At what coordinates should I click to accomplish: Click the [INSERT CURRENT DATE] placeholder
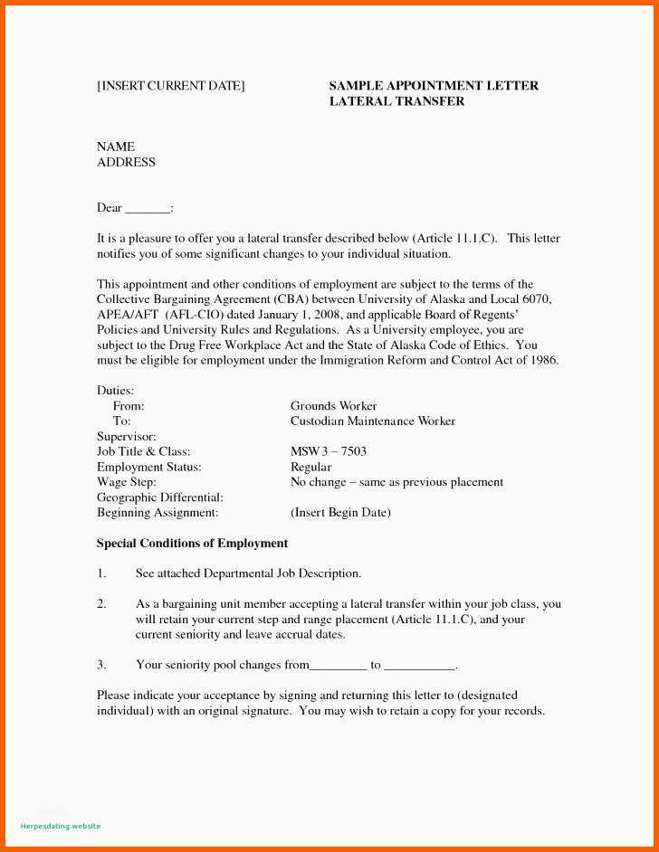point(170,86)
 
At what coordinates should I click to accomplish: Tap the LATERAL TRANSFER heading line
point(396,101)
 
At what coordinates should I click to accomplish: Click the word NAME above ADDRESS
point(116,147)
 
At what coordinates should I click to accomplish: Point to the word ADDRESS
point(126,163)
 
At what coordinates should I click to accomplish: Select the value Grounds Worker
point(333,406)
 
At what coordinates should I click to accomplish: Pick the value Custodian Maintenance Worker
point(372,421)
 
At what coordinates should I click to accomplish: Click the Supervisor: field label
point(127,437)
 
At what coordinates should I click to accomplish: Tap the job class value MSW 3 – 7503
point(328,451)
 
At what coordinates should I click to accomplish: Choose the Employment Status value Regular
point(310,467)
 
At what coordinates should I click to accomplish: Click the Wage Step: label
point(127,482)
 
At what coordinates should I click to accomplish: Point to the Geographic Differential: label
point(159,497)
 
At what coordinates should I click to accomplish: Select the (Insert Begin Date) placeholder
point(340,513)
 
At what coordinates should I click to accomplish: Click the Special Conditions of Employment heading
point(192,544)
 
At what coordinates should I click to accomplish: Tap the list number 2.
point(101,604)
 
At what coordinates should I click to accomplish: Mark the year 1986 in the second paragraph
point(545,360)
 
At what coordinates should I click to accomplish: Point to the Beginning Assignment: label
point(158,513)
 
